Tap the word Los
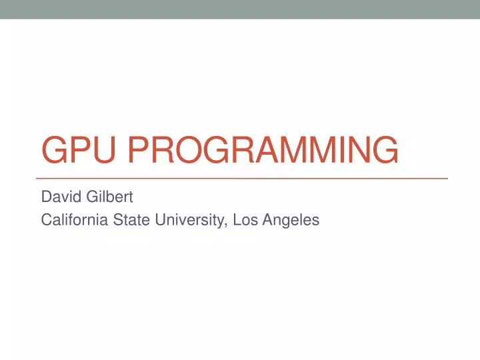(243, 219)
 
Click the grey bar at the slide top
(240, 9)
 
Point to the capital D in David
(46, 197)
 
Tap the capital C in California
(47, 219)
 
